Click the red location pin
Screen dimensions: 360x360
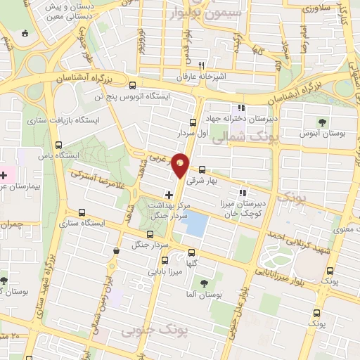(x=181, y=165)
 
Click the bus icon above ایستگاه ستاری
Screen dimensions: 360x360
(x=83, y=212)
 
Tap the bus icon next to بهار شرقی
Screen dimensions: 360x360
(x=202, y=169)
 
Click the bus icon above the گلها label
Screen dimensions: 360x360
(x=192, y=254)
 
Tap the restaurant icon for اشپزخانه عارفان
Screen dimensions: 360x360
(x=201, y=64)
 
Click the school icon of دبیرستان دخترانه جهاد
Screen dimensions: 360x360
(x=242, y=108)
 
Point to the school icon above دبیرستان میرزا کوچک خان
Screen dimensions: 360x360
(x=243, y=193)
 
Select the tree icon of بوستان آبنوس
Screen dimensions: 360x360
(x=323, y=122)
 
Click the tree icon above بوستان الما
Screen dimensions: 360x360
(x=204, y=283)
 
